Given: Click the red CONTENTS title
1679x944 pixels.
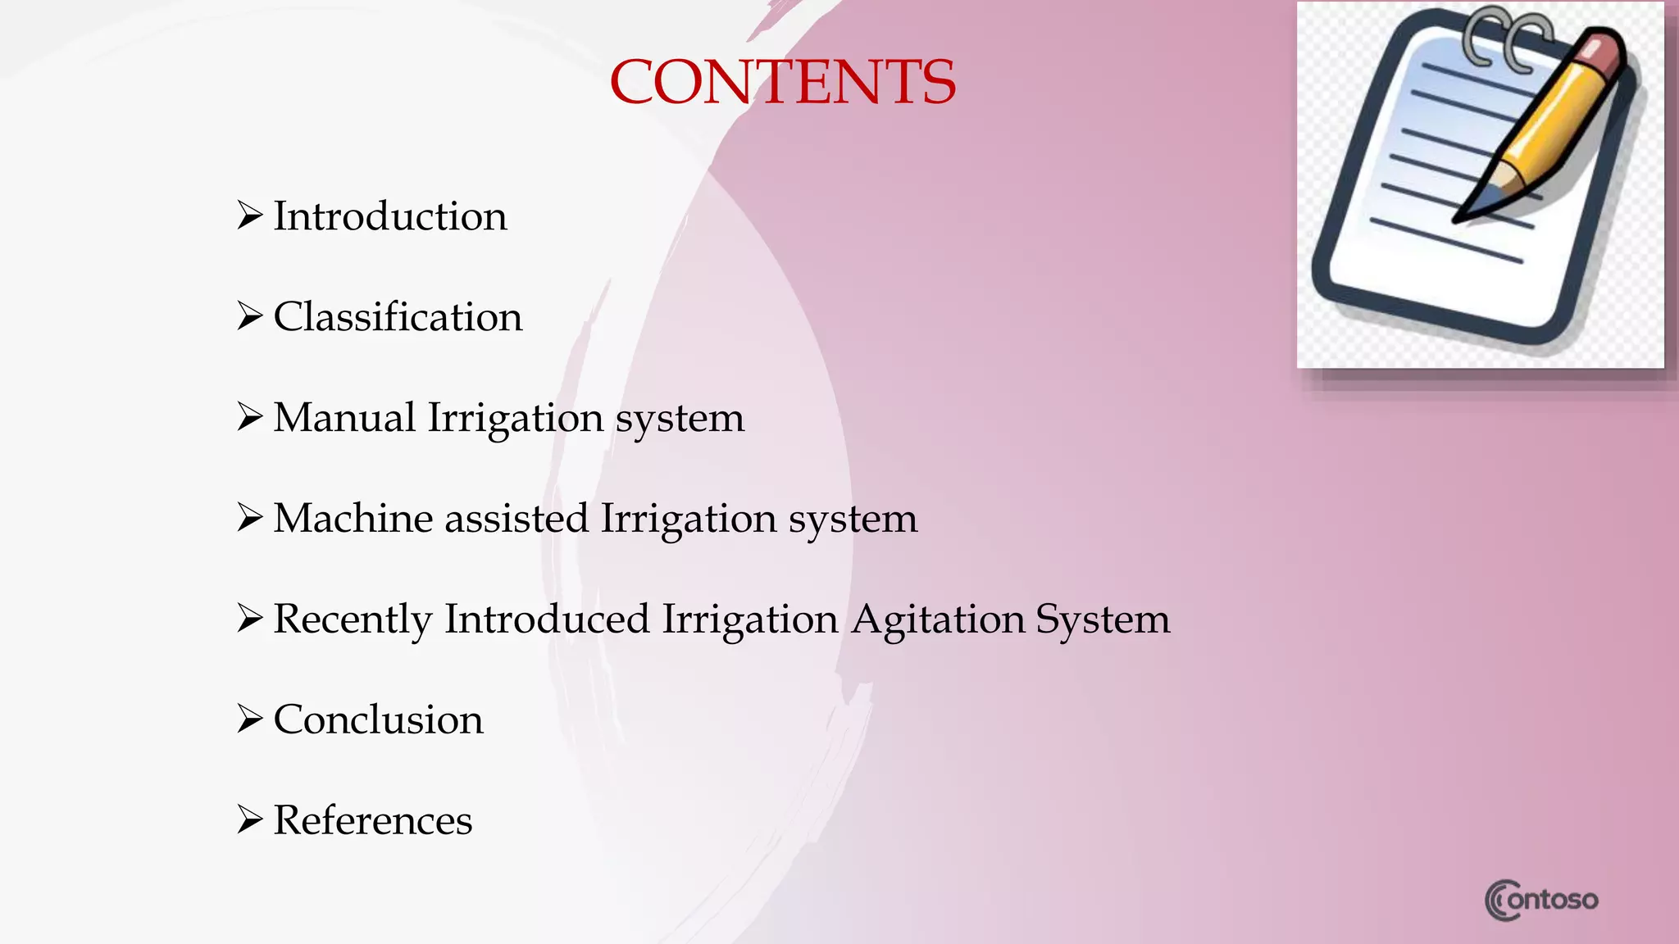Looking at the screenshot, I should point(782,82).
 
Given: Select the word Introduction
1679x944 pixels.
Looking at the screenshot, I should point(389,216).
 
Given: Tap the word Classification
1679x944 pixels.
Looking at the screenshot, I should point(398,317).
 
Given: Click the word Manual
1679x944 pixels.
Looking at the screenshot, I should point(344,417).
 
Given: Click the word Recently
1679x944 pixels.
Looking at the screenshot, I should point(353,619).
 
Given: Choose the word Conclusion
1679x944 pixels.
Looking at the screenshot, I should point(378,719).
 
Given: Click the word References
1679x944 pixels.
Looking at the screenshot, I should point(372,820).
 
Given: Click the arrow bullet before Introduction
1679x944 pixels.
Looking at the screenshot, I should point(249,216).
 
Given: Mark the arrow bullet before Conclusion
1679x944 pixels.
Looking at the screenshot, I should point(249,719).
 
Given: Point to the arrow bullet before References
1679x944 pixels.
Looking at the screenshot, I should point(249,819).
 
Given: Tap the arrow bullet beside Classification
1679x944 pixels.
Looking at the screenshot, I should point(249,316).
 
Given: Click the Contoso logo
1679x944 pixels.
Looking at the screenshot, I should point(1541,900).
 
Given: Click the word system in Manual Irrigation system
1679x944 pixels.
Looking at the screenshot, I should point(680,419).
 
